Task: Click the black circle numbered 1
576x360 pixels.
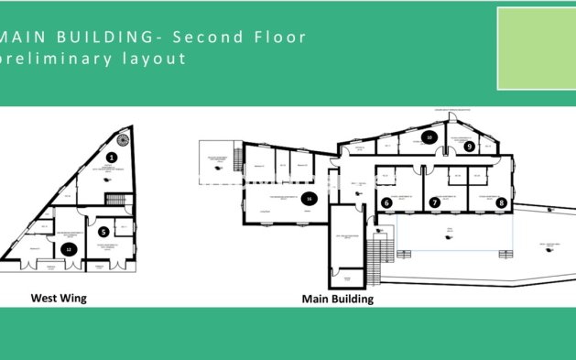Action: click(x=112, y=158)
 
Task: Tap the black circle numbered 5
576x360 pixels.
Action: click(x=103, y=232)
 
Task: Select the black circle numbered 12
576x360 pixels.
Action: click(x=66, y=248)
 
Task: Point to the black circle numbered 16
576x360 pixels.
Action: click(x=310, y=198)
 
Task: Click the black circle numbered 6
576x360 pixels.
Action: click(x=386, y=202)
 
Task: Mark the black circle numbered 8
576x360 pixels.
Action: click(x=500, y=202)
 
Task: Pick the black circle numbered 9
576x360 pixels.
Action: click(x=468, y=146)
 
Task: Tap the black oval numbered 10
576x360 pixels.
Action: click(x=428, y=137)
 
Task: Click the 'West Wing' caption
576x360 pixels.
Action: click(x=59, y=298)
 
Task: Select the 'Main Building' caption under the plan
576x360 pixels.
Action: click(x=337, y=299)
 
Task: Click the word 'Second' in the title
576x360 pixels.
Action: click(x=208, y=38)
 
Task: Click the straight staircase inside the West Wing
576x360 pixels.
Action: click(x=114, y=200)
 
